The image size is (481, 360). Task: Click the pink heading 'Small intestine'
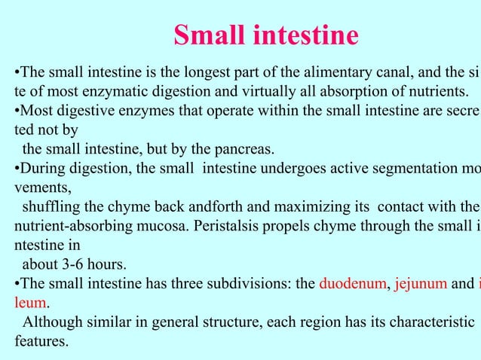point(265,35)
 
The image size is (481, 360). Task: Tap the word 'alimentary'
point(319,74)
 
